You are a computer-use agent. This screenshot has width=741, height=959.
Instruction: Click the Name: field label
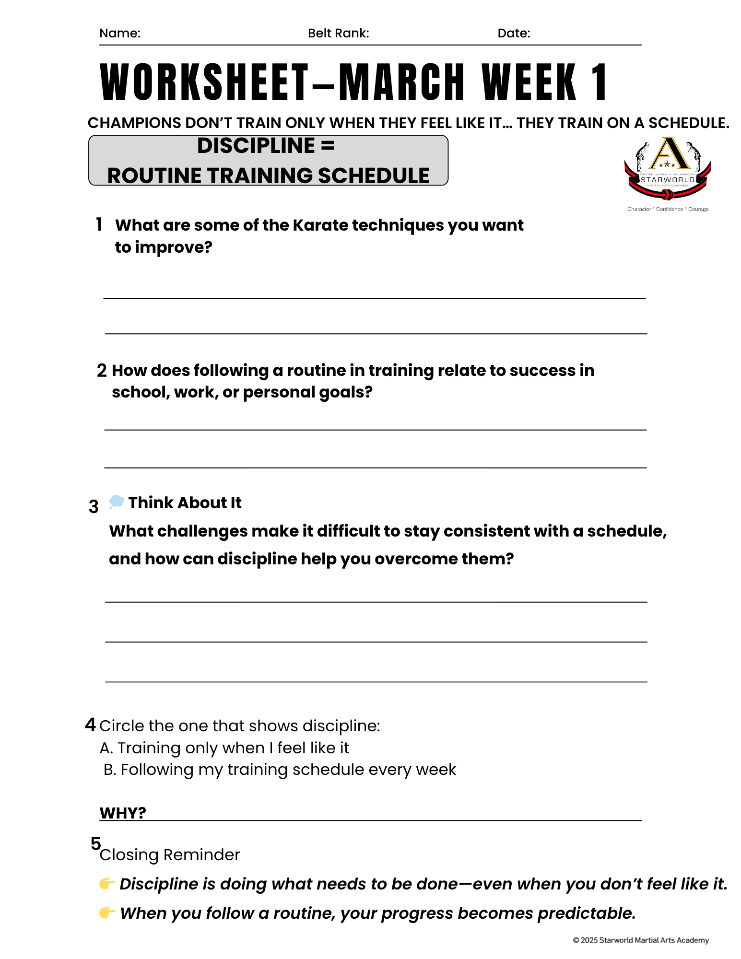[119, 33]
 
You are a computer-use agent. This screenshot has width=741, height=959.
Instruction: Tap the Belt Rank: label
[338, 33]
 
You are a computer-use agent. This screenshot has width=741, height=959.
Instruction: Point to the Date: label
[514, 33]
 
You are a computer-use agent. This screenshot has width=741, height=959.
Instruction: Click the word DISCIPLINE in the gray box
[256, 146]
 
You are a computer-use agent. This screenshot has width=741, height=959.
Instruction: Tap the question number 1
[99, 224]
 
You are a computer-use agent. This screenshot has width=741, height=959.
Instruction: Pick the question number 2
[102, 371]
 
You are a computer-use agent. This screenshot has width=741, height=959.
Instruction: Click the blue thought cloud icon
[116, 502]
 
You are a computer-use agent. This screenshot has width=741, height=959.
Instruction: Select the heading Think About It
[185, 503]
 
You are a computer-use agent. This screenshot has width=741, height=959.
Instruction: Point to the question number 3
[94, 507]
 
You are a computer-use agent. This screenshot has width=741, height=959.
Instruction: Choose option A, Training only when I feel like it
[224, 748]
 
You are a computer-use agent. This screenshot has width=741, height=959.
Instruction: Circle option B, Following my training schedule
[280, 770]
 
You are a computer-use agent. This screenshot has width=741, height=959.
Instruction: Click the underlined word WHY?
[122, 813]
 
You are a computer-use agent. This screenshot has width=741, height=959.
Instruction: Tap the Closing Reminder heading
[169, 854]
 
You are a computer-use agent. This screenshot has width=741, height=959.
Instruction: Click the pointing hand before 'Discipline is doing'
[106, 883]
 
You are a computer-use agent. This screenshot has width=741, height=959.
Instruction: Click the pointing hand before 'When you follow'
[106, 912]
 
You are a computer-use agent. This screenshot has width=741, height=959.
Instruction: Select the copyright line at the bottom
[641, 940]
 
